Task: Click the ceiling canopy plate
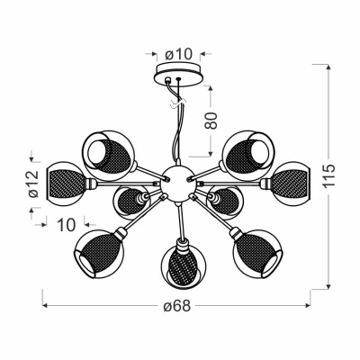pyautogui.click(x=176, y=77)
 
